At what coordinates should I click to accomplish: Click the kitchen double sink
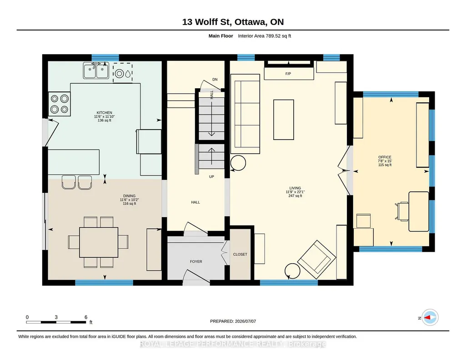pyautogui.click(x=96, y=70)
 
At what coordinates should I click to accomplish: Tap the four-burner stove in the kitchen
pyautogui.click(x=60, y=104)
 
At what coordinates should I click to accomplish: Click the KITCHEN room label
pyautogui.click(x=104, y=113)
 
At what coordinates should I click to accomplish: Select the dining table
pyautogui.click(x=99, y=242)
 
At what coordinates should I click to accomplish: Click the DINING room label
pyautogui.click(x=129, y=196)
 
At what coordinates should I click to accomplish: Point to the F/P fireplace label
pyautogui.click(x=288, y=74)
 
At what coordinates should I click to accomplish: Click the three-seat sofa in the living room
pyautogui.click(x=247, y=111)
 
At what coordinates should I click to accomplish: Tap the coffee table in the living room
pyautogui.click(x=284, y=120)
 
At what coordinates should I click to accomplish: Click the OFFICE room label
pyautogui.click(x=385, y=157)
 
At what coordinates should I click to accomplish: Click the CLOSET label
pyautogui.click(x=240, y=255)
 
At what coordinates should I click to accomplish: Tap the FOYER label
pyautogui.click(x=196, y=262)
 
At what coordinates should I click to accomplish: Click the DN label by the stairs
pyautogui.click(x=215, y=80)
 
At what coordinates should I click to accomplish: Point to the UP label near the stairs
pyautogui.click(x=211, y=177)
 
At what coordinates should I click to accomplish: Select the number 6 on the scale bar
pyautogui.click(x=86, y=317)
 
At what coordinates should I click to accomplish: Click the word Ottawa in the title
pyautogui.click(x=251, y=22)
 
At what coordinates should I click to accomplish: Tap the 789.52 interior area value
pyautogui.click(x=274, y=36)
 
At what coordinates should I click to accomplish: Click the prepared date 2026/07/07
pyautogui.click(x=246, y=321)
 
